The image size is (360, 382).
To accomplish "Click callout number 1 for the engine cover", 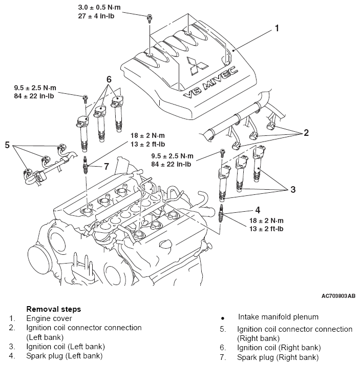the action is pos(277,28).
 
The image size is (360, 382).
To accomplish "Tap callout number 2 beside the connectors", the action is pos(306,132).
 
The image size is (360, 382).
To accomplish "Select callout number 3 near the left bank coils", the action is pos(293,189).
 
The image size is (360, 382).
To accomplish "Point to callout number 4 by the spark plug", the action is pos(258,210).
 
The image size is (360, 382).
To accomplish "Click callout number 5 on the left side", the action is pos(7,145).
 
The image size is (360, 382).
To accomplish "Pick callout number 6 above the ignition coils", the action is pos(109,79).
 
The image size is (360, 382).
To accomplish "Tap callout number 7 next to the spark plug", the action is pos(107,167).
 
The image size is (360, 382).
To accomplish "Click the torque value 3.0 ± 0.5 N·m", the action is pos(99,7).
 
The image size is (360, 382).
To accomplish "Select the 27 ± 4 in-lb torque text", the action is pos(96,16).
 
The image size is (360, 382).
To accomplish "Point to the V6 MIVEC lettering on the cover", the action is pos(210,82).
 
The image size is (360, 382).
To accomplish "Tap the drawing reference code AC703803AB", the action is pos(338,296).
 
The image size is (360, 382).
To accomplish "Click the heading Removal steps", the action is pos(53,309).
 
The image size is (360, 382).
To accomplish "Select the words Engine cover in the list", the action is pos(49,318).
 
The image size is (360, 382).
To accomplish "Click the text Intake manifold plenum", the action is pos(278,317).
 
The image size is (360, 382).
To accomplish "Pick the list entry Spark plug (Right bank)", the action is pos(278,357).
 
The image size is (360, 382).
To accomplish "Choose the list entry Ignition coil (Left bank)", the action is pos(66,347).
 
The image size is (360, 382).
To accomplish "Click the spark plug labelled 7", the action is pos(85,165).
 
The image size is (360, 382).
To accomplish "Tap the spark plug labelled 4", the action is pos(221,213).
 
